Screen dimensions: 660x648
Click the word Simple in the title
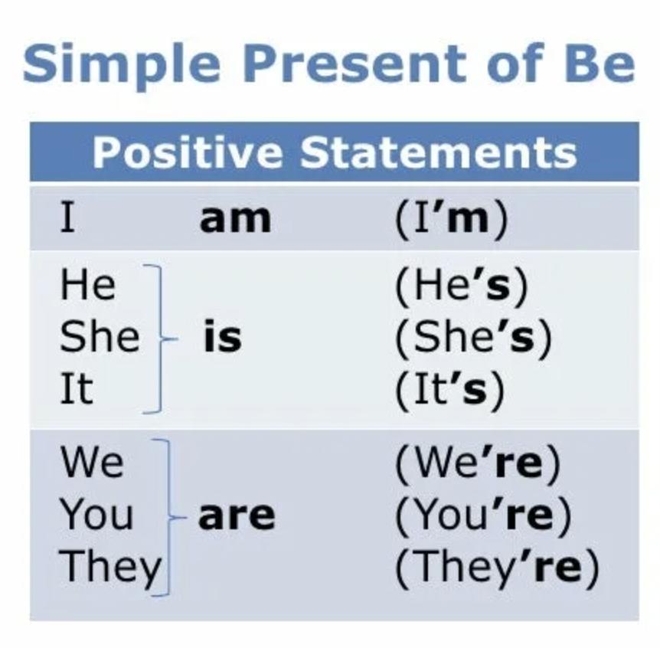pos(122,65)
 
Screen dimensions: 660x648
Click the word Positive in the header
pos(188,152)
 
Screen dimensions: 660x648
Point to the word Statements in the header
pos(438,152)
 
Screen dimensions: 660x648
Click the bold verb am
pos(235,219)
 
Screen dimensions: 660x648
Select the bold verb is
pos(223,337)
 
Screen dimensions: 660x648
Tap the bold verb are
pos(237,515)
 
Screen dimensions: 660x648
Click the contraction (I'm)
pos(451,219)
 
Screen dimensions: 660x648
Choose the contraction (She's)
pos(473,338)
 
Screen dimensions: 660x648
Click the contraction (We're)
pos(478,463)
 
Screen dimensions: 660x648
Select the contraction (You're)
pos(483,515)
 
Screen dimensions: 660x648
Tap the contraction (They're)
pos(497,568)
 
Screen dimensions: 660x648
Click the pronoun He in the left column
pos(87,285)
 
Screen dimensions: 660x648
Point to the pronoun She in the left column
pos(100,337)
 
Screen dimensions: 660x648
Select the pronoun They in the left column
pos(111,569)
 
